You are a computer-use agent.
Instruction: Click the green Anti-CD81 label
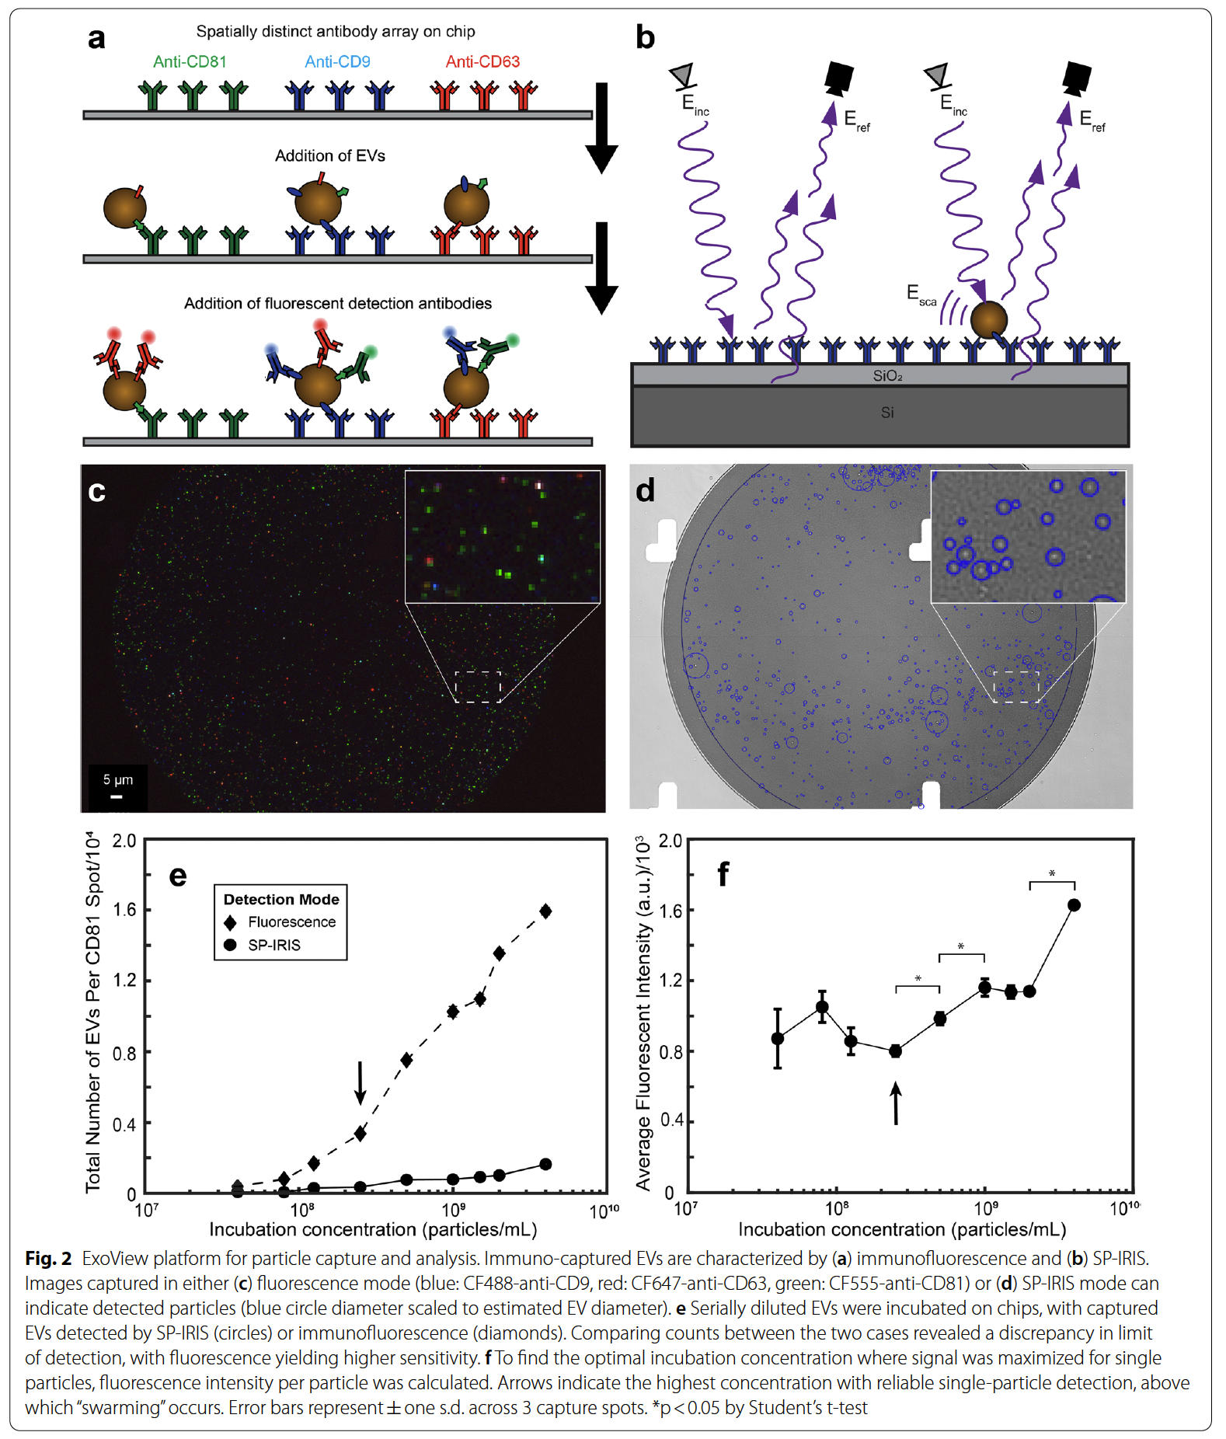coord(190,61)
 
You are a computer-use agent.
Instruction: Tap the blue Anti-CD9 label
coord(337,61)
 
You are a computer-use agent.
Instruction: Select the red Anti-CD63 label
coord(482,61)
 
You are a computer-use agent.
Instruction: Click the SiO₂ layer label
coord(887,376)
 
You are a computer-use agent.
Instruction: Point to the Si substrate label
coord(887,413)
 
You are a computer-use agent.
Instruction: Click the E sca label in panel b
coord(921,295)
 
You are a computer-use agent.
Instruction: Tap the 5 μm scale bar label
coord(118,779)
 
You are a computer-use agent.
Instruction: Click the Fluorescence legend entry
coord(291,922)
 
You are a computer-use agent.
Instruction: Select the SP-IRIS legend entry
coord(273,946)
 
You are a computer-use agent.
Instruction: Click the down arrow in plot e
coord(360,1082)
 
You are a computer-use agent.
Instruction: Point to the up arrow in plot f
coord(896,1103)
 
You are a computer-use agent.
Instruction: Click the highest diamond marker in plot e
coord(545,911)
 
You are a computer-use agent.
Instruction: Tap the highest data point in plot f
coord(1074,905)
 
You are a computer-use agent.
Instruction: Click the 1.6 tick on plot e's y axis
coord(125,910)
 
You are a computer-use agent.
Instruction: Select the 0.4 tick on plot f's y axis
coord(670,1120)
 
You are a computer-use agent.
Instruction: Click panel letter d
coord(646,491)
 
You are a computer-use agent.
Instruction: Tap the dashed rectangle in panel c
coord(477,687)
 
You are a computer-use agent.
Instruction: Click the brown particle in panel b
coord(988,319)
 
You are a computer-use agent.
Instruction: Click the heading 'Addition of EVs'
coord(329,156)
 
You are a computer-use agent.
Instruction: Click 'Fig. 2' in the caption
coord(48,1259)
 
